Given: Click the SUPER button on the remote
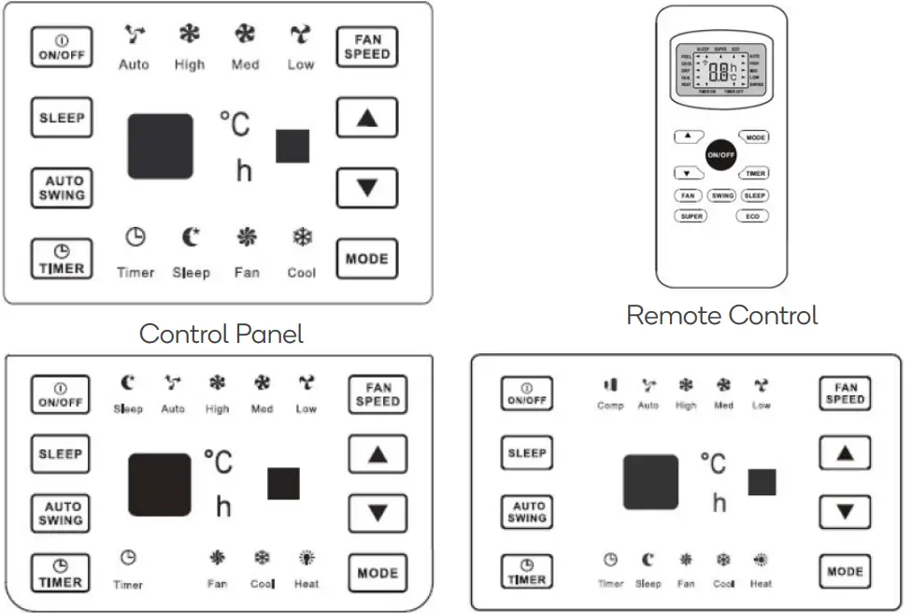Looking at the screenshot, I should [691, 216].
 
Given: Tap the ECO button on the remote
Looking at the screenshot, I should [753, 216].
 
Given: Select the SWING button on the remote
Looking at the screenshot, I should [722, 196].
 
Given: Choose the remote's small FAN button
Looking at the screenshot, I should [689, 196].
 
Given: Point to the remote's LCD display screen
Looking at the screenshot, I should [721, 68].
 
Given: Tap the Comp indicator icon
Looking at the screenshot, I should [610, 385].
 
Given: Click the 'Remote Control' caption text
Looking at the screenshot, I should [721, 315].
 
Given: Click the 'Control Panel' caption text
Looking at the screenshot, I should [221, 334].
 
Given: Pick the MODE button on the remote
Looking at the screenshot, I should [755, 137].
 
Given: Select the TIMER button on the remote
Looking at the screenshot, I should [755, 173].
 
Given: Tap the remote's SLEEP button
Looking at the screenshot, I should [755, 196].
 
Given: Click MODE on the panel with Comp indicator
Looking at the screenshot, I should [845, 571].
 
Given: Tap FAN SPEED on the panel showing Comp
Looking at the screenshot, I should [845, 393].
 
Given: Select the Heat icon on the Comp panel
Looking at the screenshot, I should [762, 561].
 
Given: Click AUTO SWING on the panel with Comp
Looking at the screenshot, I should [527, 512].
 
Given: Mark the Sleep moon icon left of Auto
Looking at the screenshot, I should [128, 382].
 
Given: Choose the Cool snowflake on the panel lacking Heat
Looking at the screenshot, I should [302, 238].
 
